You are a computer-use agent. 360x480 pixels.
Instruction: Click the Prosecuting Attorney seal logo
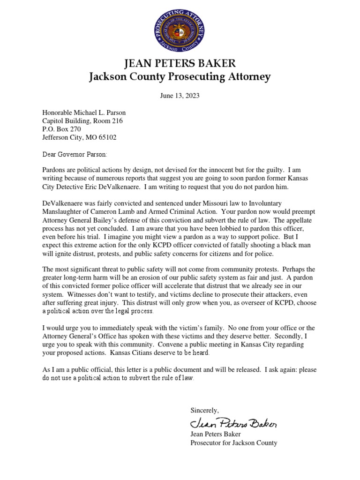coord(180,31)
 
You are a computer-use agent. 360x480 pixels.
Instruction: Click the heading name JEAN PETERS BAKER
coord(180,64)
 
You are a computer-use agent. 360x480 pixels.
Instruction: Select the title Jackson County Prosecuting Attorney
coord(180,77)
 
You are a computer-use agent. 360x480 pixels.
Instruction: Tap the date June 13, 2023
coord(180,96)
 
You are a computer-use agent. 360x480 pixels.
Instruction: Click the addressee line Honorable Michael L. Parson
coord(84,113)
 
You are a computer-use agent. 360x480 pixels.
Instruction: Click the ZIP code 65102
coord(106,138)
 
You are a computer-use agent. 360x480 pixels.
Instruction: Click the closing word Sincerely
coord(204,410)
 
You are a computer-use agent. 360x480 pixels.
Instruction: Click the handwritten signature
coord(233,423)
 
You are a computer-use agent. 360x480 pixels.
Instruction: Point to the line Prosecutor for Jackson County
coord(233,443)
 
